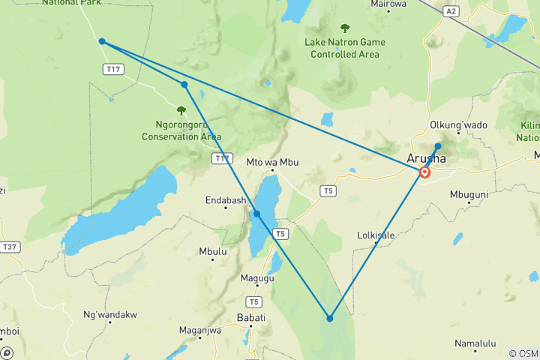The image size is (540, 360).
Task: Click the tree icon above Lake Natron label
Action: [345, 28]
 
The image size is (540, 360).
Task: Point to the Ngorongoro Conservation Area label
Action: [181, 130]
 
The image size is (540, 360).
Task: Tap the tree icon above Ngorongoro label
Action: [181, 110]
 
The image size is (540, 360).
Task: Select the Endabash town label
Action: [225, 200]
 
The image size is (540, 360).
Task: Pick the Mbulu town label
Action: [213, 252]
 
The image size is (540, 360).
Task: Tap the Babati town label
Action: [251, 317]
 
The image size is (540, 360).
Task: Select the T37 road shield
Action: [10, 247]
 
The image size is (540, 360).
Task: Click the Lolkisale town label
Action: [376, 235]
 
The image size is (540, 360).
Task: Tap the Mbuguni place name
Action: [469, 194]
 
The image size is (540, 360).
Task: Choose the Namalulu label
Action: [475, 343]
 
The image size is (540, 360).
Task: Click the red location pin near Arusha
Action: [425, 172]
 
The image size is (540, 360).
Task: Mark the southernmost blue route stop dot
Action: [330, 319]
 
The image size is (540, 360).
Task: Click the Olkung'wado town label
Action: [457, 124]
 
